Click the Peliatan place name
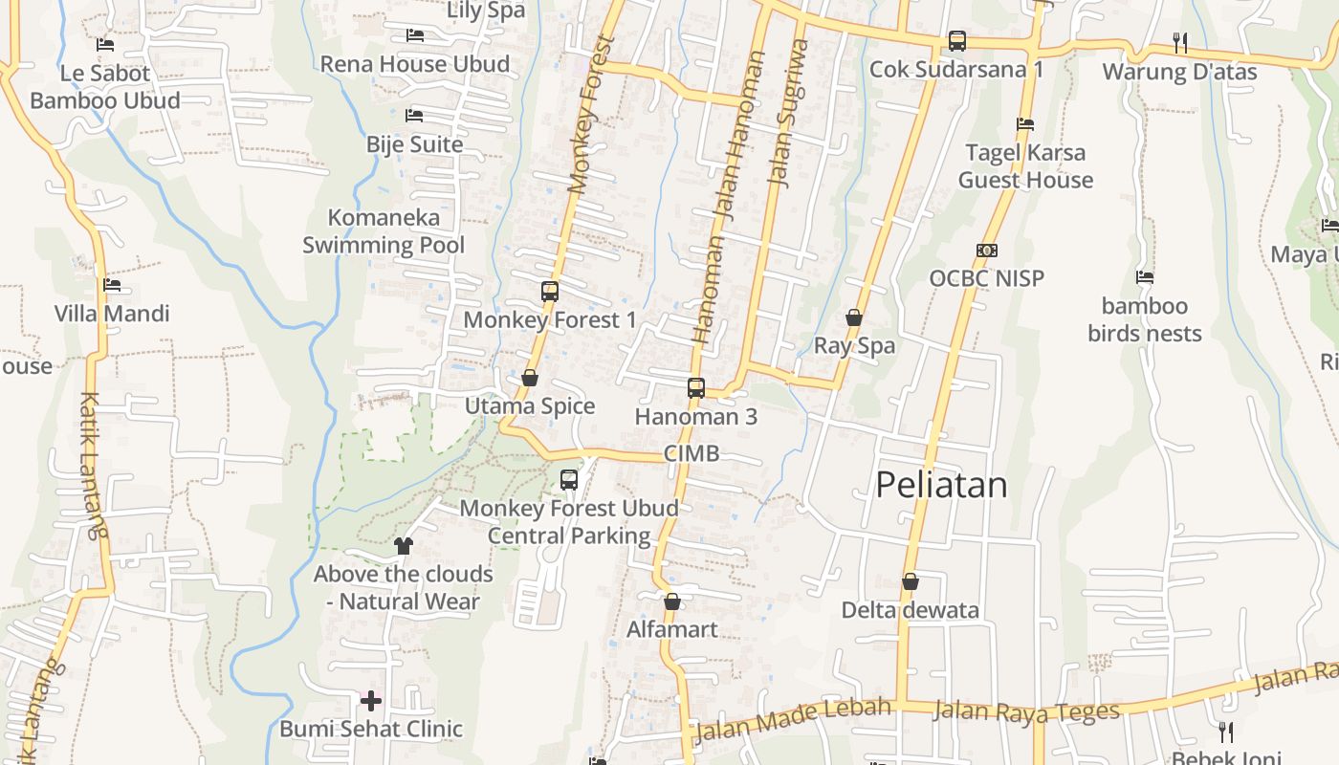pyautogui.click(x=941, y=485)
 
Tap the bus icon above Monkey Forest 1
pyautogui.click(x=550, y=292)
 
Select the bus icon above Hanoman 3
pyautogui.click(x=696, y=388)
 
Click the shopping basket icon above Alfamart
pyautogui.click(x=672, y=601)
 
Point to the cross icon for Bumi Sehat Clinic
pyautogui.click(x=371, y=701)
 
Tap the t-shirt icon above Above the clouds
pyautogui.click(x=403, y=546)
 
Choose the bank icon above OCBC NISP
pyautogui.click(x=987, y=251)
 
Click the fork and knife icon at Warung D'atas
pyautogui.click(x=1180, y=42)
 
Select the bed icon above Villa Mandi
pyautogui.click(x=112, y=284)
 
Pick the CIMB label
pyautogui.click(x=691, y=453)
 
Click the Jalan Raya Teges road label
pyautogui.click(x=1025, y=711)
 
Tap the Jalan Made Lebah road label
pyautogui.click(x=793, y=720)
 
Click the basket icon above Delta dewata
pyautogui.click(x=911, y=581)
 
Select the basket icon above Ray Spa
pyautogui.click(x=854, y=317)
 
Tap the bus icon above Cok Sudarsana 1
pyautogui.click(x=956, y=41)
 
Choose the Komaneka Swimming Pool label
pyautogui.click(x=384, y=231)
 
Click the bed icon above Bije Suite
pyautogui.click(x=414, y=116)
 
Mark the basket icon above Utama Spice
pyautogui.click(x=530, y=378)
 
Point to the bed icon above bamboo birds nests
pyautogui.click(x=1144, y=278)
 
